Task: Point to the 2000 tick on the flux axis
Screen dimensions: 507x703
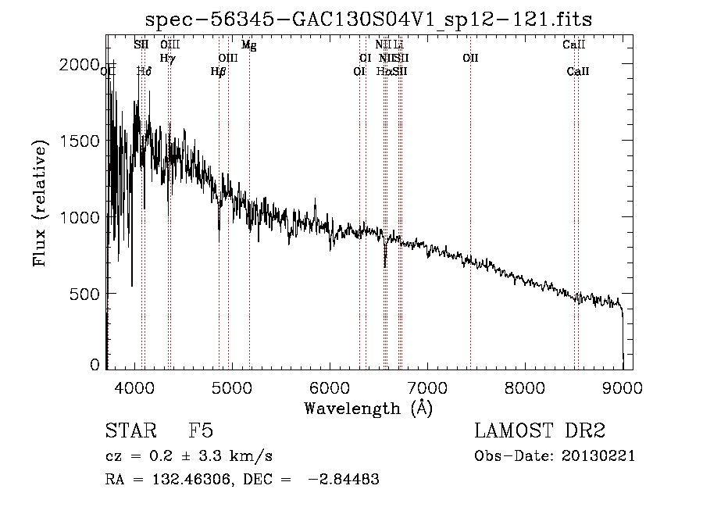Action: (80, 65)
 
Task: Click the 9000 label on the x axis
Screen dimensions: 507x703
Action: (623, 386)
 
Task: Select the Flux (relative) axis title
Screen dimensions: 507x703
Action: (40, 202)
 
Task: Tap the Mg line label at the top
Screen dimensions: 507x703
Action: (248, 45)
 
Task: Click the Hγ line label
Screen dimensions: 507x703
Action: (168, 58)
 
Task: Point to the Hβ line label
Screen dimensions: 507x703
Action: (219, 71)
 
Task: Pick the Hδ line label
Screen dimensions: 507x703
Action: (144, 71)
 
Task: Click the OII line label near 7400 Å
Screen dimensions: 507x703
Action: (470, 58)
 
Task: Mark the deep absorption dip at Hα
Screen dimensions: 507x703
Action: (384, 264)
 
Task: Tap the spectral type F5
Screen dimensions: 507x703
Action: (201, 431)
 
